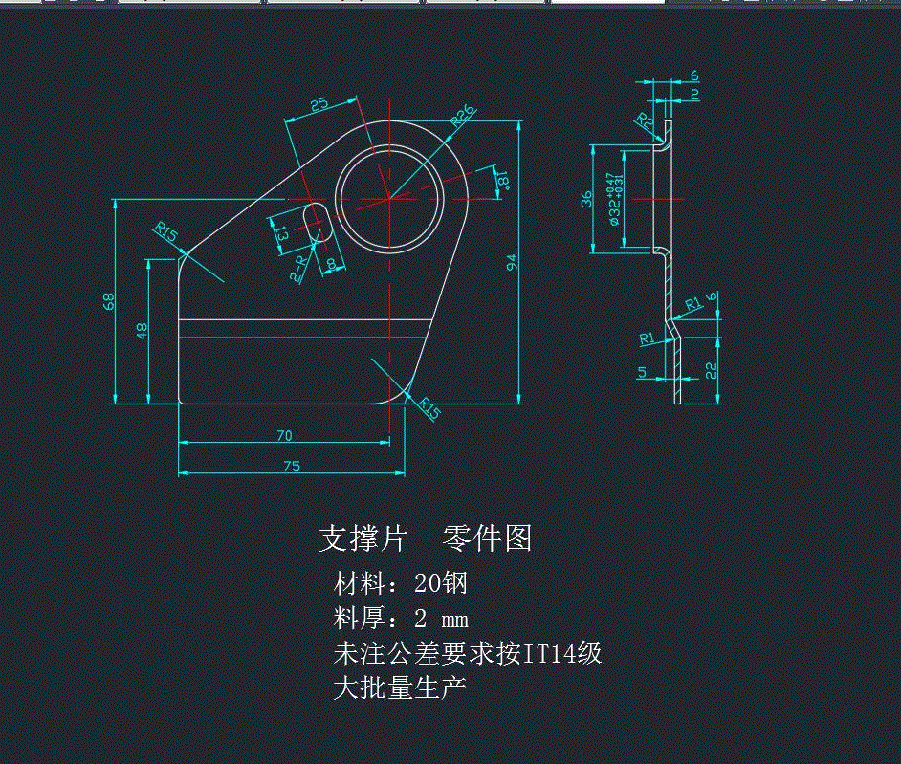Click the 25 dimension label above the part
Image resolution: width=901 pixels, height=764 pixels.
click(319, 104)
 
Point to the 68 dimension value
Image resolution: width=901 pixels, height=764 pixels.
click(109, 301)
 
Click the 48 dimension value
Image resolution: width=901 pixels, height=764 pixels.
click(143, 331)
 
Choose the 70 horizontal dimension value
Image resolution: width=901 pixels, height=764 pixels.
click(284, 436)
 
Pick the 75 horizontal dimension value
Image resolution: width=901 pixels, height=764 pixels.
click(292, 466)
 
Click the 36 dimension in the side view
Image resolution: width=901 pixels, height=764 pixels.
click(587, 199)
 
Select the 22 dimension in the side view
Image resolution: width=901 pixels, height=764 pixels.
click(711, 370)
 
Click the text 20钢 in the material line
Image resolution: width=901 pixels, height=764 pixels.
click(440, 582)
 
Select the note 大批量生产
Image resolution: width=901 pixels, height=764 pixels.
click(400, 688)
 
